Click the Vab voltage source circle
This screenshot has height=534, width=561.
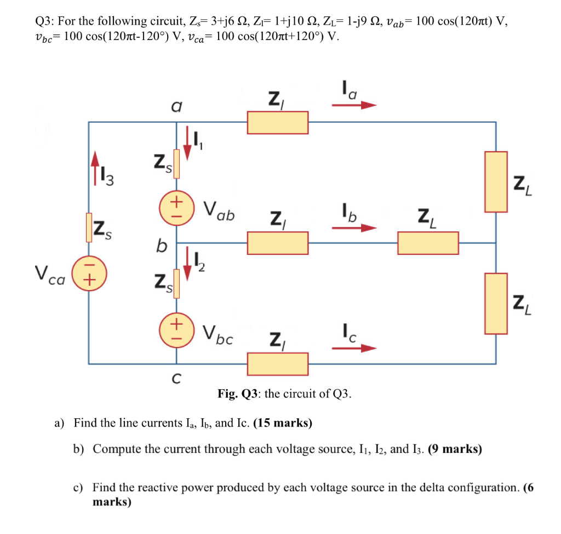[x=176, y=208]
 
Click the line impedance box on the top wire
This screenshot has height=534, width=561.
[x=277, y=122]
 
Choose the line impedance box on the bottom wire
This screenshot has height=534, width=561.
[x=277, y=363]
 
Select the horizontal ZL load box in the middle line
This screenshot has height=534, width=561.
[x=428, y=243]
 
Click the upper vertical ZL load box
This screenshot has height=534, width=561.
[x=496, y=182]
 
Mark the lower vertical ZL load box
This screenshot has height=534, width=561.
[x=496, y=303]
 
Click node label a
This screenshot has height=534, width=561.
[x=176, y=107]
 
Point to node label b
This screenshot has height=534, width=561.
[x=161, y=247]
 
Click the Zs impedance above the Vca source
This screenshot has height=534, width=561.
[x=89, y=228]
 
